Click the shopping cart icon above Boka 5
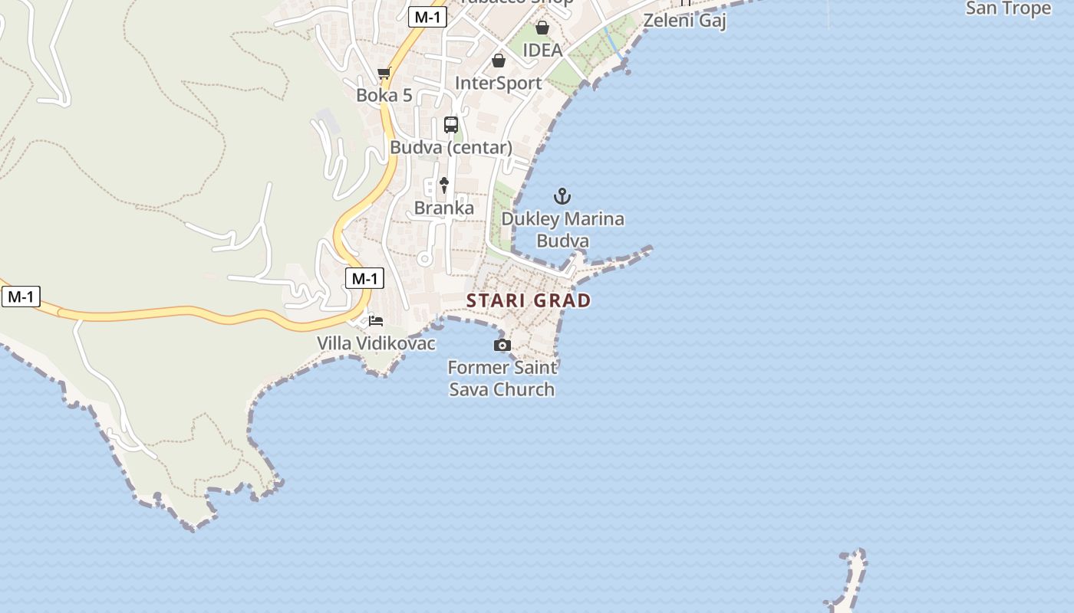tap(384, 74)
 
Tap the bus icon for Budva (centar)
tap(451, 125)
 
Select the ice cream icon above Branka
tap(443, 185)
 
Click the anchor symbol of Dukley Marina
tap(562, 196)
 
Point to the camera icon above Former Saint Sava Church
tap(502, 346)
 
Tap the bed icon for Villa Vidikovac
tap(376, 321)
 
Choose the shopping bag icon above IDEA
tap(542, 28)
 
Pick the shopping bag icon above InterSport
tap(499, 61)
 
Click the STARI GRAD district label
tap(529, 300)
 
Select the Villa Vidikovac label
tap(377, 343)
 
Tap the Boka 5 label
tap(384, 95)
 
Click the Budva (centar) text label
tap(451, 147)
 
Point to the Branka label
tap(444, 208)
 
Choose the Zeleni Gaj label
tap(684, 20)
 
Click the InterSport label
tap(499, 83)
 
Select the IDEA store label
tap(542, 51)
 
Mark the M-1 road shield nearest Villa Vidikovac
tap(364, 279)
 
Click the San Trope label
tap(1008, 8)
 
